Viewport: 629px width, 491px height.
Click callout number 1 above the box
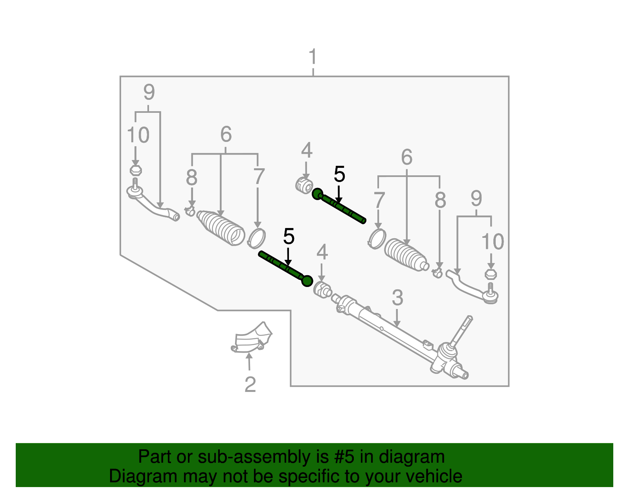coord(313,57)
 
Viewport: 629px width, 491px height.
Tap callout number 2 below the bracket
coord(250,384)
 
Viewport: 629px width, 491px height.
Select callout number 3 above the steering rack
coord(397,298)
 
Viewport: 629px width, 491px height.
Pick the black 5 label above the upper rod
coord(339,174)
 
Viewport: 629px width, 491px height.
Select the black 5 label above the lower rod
coord(289,237)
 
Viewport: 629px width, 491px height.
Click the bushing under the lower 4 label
coord(323,290)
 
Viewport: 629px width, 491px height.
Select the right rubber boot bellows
coord(405,255)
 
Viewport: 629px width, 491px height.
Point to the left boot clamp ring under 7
coord(257,238)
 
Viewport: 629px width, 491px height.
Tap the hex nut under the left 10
coord(136,171)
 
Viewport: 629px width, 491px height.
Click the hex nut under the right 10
coord(491,274)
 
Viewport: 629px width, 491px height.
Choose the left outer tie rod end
coord(153,204)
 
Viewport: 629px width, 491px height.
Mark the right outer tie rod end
coord(472,287)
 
